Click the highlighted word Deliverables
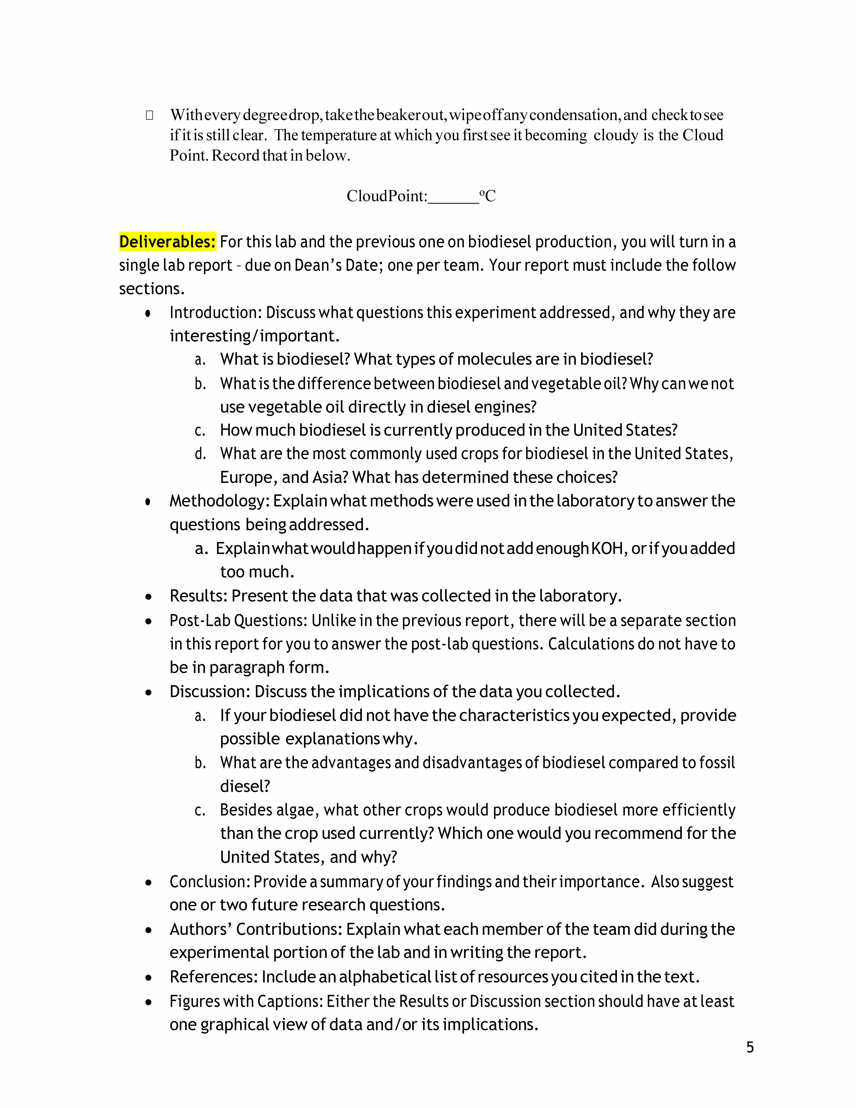(167, 242)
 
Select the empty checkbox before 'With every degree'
(150, 115)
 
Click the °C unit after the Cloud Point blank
(488, 196)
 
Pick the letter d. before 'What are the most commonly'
(200, 454)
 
